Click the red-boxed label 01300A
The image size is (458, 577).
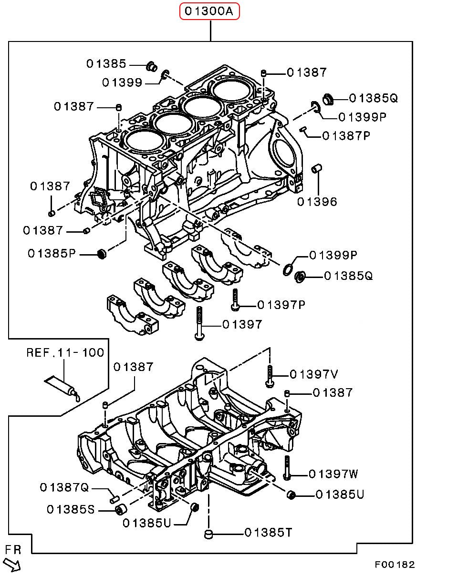[x=209, y=11]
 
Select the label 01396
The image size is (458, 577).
[x=317, y=202]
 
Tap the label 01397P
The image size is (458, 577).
[x=281, y=305]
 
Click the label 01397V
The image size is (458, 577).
[x=314, y=374]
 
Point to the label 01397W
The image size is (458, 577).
[x=333, y=474]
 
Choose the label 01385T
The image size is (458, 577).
[x=268, y=533]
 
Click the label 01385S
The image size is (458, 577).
[x=71, y=510]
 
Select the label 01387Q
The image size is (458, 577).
[x=64, y=487]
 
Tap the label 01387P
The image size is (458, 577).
[x=346, y=136]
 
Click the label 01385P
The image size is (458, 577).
[x=52, y=253]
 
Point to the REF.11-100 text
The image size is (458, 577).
[x=65, y=353]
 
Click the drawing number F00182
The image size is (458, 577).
[x=395, y=565]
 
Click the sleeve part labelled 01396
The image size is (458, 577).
[x=316, y=169]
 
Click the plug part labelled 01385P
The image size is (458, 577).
[x=101, y=253]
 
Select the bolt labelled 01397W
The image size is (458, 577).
[x=286, y=467]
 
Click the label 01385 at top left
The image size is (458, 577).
[x=106, y=63]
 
